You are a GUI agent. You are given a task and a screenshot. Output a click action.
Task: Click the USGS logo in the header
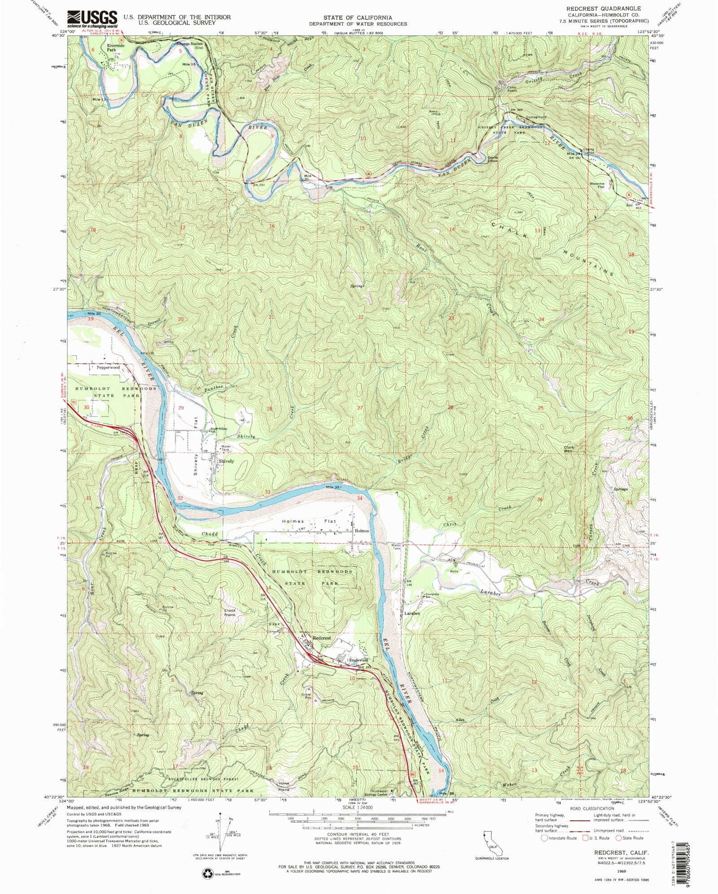click(x=92, y=20)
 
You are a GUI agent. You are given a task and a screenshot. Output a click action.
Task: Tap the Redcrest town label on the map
click(x=321, y=638)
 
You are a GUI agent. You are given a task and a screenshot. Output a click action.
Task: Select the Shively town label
click(x=226, y=461)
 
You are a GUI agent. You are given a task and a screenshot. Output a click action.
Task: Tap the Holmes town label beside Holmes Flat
click(x=362, y=531)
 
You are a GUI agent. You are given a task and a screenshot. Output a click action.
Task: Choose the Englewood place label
click(x=359, y=661)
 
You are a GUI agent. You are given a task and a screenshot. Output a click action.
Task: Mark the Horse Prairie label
click(x=284, y=786)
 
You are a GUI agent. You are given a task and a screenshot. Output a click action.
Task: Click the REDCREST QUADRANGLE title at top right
click(x=603, y=9)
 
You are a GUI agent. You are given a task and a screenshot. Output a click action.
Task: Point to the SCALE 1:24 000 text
click(x=358, y=820)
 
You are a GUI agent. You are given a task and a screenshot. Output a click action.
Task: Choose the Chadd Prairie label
click(x=230, y=612)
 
